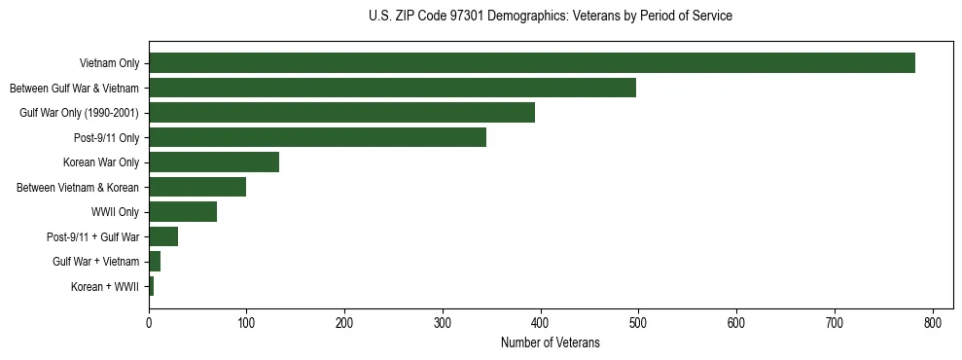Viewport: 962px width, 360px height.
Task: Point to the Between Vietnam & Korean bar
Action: [197, 187]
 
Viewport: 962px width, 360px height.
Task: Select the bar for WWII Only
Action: [183, 212]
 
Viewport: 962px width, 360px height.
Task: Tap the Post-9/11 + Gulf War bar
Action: [163, 236]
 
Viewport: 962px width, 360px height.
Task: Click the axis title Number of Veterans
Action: [550, 343]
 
